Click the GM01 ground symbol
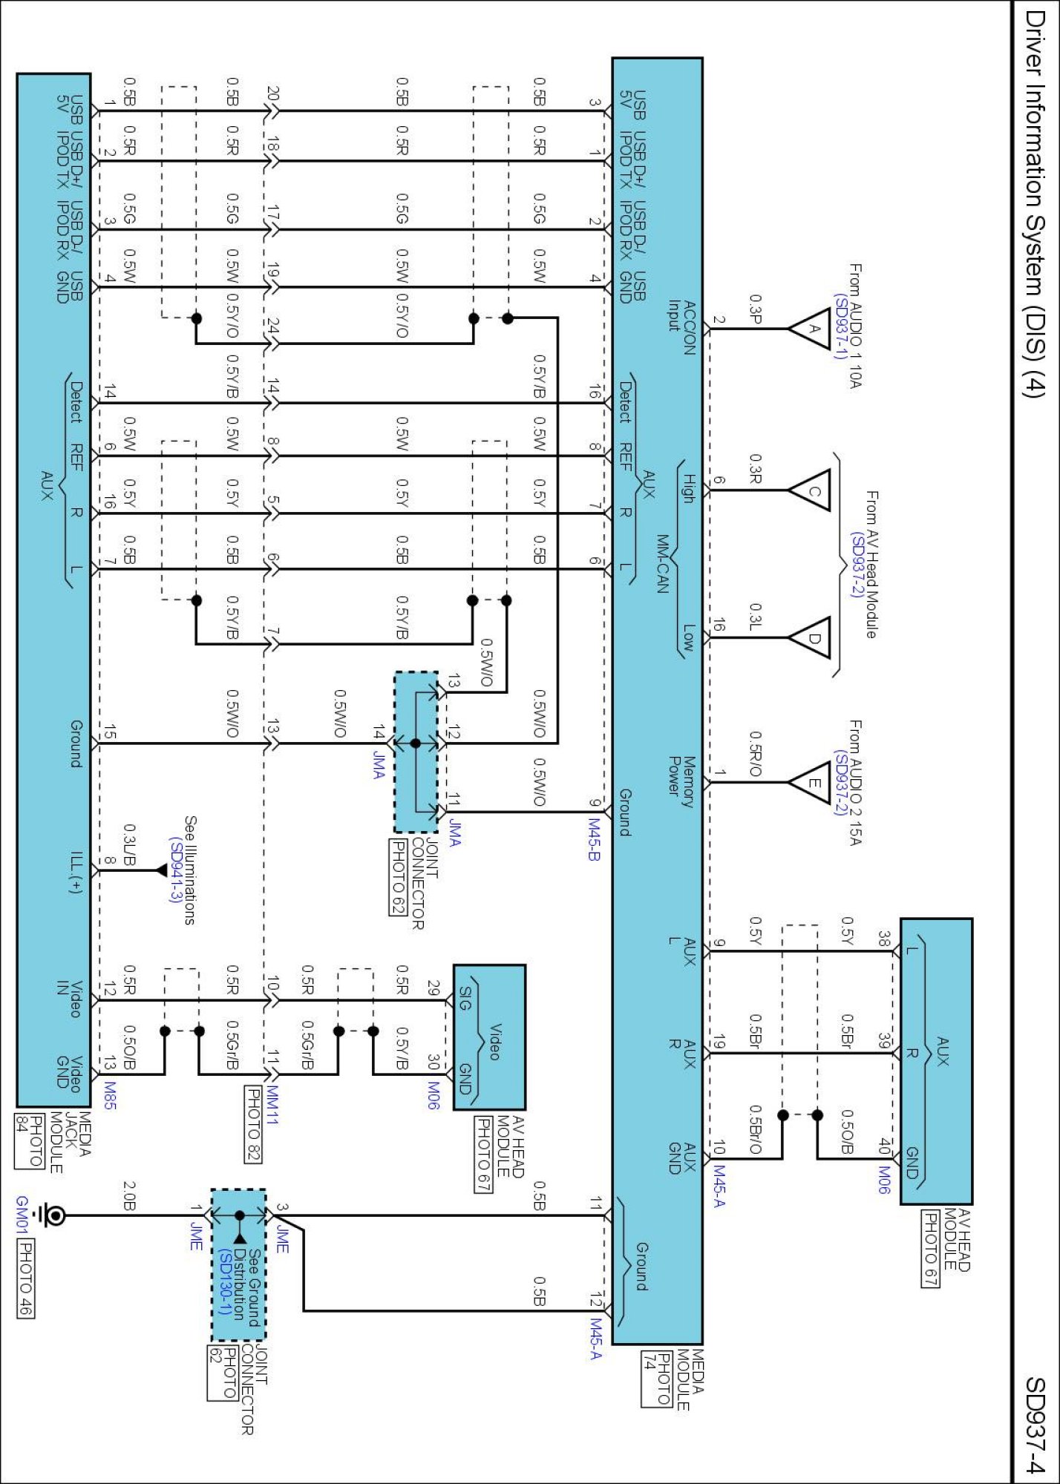pyautogui.click(x=54, y=1215)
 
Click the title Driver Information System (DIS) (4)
pyautogui.click(x=1035, y=205)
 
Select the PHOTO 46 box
pyautogui.click(x=24, y=1279)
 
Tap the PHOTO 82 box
pyautogui.click(x=254, y=1124)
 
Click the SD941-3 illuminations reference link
pyautogui.click(x=177, y=870)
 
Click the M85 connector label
pyautogui.click(x=110, y=1095)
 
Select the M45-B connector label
pyautogui.click(x=594, y=839)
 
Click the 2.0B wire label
pyautogui.click(x=128, y=1195)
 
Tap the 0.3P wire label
pyautogui.click(x=755, y=309)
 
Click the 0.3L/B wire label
pyautogui.click(x=128, y=844)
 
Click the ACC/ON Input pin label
pyautogui.click(x=681, y=327)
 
